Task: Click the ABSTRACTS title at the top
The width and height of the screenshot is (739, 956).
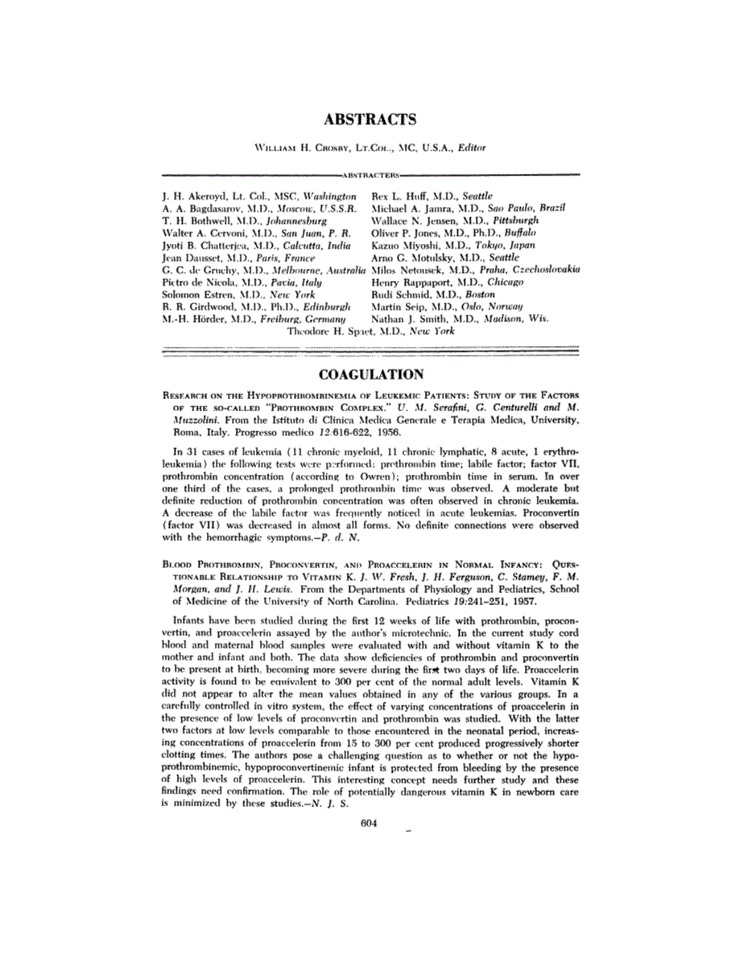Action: point(369,119)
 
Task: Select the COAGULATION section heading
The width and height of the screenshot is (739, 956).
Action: point(369,374)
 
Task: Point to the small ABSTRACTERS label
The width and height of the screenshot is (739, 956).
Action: point(369,173)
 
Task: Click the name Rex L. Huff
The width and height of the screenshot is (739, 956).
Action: point(399,196)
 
